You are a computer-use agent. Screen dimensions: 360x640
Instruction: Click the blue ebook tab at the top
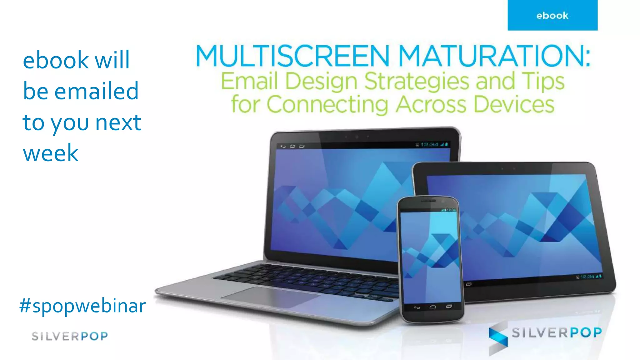tap(552, 15)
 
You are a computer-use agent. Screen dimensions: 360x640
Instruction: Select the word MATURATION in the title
tap(494, 56)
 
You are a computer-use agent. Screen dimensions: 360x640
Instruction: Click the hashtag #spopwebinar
tap(82, 306)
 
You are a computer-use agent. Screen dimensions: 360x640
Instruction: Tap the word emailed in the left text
tap(97, 91)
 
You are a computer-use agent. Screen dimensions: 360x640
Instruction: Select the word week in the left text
tap(51, 153)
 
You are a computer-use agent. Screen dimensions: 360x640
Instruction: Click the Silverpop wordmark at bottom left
tap(70, 336)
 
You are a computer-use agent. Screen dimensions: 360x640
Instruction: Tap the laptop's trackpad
tap(269, 297)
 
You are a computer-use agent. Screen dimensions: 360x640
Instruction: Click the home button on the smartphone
tap(433, 307)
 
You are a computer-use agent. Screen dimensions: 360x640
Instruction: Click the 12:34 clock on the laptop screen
tap(429, 144)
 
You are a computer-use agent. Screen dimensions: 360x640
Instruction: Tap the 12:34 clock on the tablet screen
tap(587, 277)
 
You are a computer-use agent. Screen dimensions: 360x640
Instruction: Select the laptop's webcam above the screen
tap(357, 137)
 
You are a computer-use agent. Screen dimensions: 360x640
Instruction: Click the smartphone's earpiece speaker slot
tap(428, 201)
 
